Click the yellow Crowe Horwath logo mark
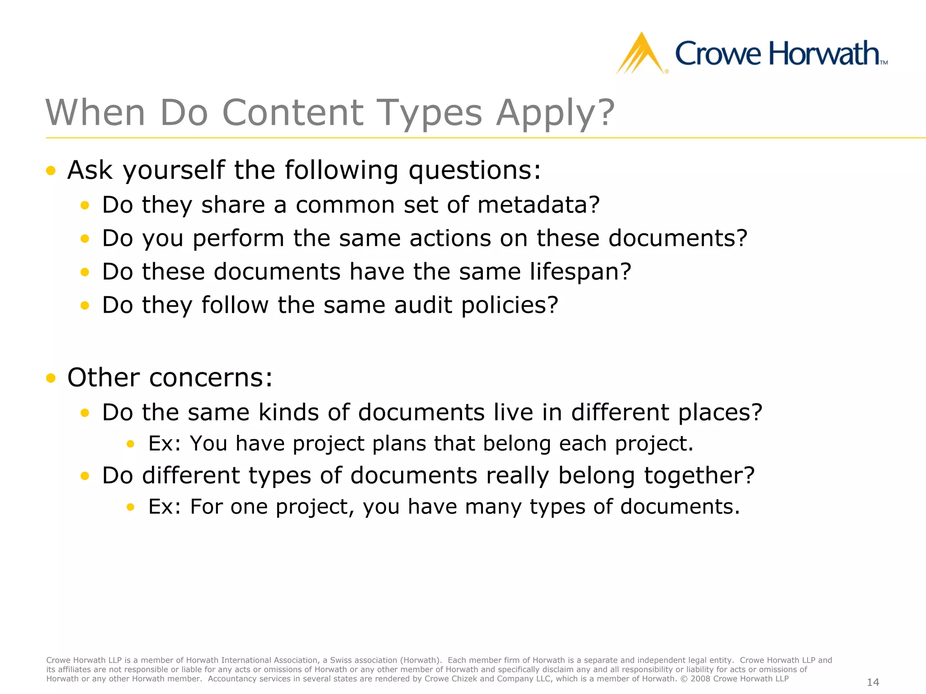641,54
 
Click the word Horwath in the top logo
823,54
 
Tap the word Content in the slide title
293,113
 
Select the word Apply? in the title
555,113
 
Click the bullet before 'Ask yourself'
51,171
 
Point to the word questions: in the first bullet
474,171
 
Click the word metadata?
538,205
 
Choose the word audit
423,305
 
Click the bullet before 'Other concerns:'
51,378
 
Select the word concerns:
211,378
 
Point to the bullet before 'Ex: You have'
131,444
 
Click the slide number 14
873,682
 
